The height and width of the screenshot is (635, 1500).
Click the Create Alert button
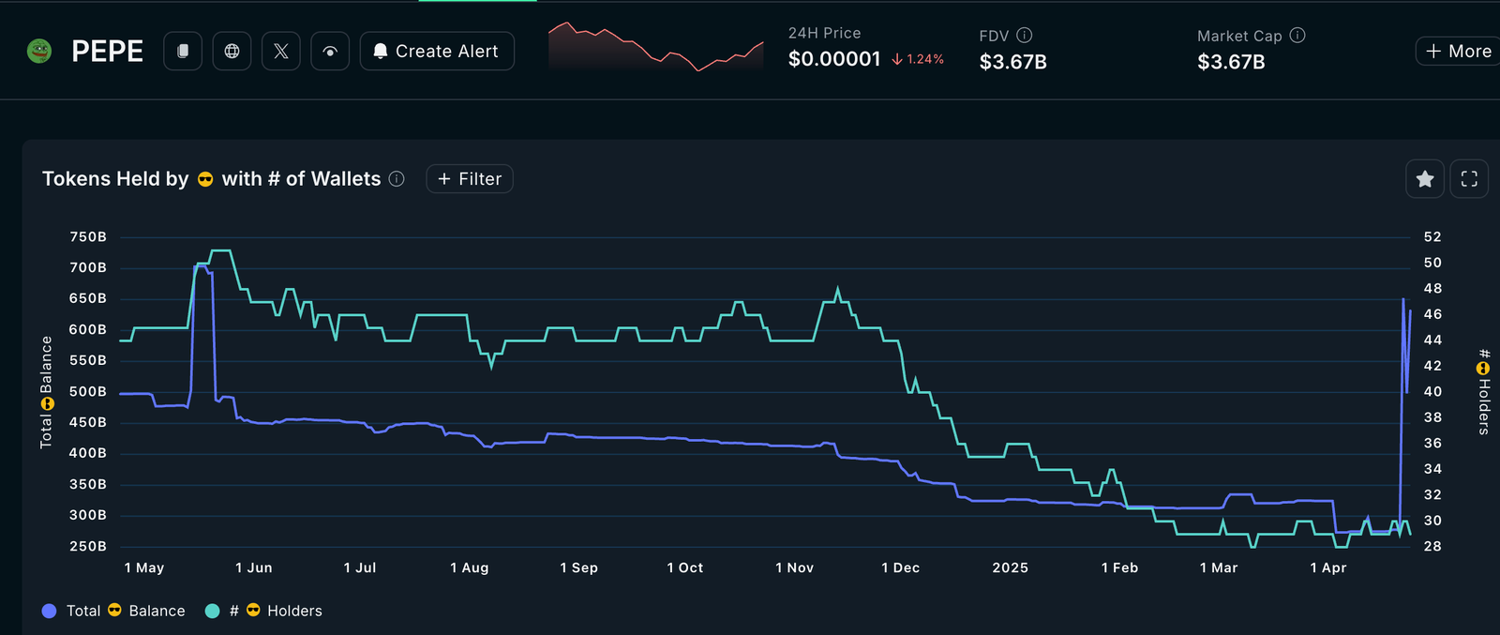pos(437,52)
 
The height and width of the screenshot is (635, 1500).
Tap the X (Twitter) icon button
pos(281,52)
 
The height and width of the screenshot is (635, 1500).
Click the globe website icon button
pos(232,52)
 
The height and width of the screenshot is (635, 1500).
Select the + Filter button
pos(470,179)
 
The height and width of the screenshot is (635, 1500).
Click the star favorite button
pos(1424,179)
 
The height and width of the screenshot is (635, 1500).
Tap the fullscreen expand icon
pos(1469,179)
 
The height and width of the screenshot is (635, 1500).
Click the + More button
pos(1459,52)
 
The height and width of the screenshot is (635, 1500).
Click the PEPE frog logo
pos(39,51)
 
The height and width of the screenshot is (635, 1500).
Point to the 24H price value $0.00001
pos(834,59)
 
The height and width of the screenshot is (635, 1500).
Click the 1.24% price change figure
pos(924,59)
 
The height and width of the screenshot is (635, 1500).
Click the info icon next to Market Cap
pos(1297,35)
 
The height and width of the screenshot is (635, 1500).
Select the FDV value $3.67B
pos(1012,62)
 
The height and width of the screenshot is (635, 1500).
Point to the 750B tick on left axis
pos(88,237)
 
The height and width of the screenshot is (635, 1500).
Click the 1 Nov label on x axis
pos(794,567)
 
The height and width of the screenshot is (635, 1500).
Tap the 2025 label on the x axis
pos(1010,567)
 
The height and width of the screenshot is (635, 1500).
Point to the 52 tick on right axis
pos(1432,237)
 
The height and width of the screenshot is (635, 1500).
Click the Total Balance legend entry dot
pos(50,611)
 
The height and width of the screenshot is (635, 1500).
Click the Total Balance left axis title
pos(46,392)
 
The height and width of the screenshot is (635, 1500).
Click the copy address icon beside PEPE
pos(183,52)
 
